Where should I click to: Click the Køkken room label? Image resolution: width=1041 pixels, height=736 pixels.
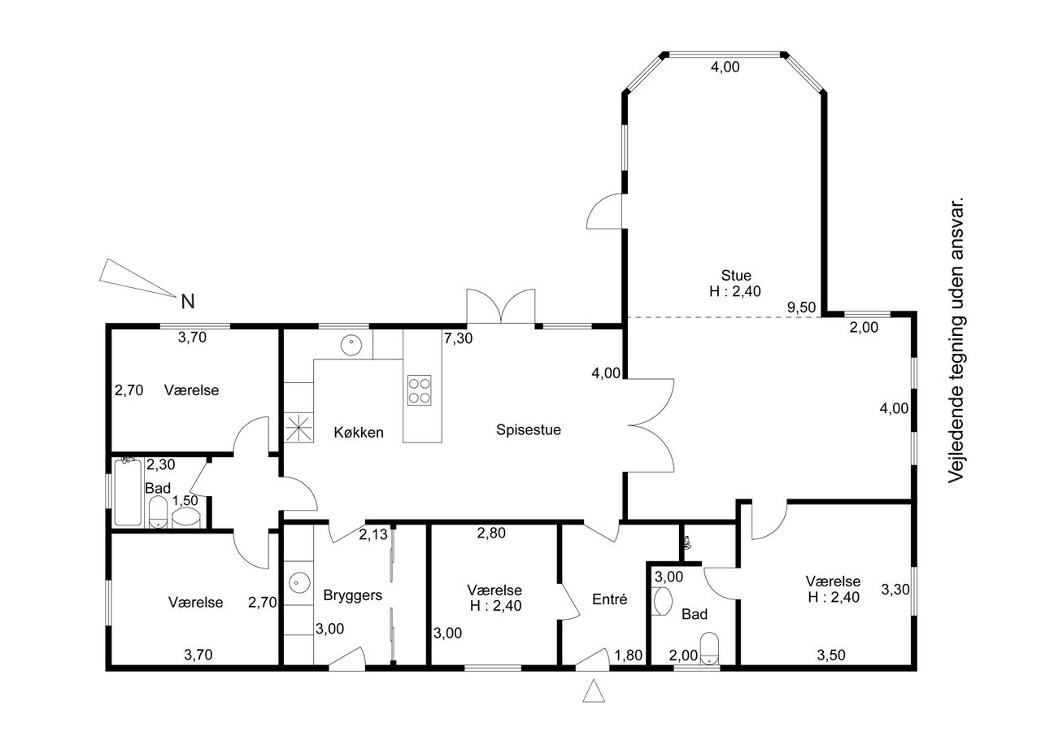[359, 433]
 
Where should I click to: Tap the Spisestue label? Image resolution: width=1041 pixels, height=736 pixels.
[529, 429]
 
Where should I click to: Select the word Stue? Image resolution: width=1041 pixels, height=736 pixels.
[736, 276]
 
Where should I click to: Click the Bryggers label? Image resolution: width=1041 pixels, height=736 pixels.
[353, 595]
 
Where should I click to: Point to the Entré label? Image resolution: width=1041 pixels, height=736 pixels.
[610, 599]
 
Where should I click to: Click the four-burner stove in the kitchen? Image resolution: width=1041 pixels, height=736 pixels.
[419, 390]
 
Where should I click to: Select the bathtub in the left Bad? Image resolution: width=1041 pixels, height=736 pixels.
[128, 493]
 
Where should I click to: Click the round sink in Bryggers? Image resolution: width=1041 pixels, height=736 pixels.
[300, 582]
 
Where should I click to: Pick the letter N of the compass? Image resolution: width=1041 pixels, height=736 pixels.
[188, 302]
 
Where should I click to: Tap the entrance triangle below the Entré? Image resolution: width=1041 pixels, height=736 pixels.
[594, 690]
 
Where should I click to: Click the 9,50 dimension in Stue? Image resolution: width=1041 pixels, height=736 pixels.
[801, 307]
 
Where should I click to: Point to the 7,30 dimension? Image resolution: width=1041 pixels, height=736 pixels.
[458, 338]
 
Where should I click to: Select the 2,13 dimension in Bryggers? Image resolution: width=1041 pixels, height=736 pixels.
[373, 535]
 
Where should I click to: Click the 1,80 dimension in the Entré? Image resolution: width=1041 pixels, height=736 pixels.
[629, 655]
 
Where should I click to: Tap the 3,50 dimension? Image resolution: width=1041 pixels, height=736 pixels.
[831, 655]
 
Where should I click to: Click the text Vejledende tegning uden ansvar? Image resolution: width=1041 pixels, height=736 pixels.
[956, 341]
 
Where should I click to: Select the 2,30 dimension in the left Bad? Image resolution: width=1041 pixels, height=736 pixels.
[161, 464]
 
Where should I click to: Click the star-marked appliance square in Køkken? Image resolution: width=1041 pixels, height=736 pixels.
[298, 428]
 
